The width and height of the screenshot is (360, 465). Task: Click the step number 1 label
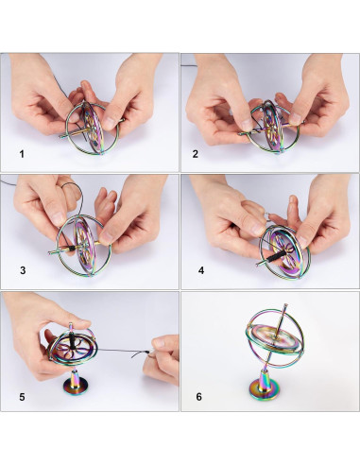(22, 154)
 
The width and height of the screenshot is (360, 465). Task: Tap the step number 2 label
(196, 154)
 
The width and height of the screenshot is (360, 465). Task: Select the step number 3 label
(23, 270)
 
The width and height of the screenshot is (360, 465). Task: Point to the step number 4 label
(201, 270)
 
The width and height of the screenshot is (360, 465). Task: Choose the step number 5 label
(22, 397)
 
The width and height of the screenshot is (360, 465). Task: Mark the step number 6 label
(198, 397)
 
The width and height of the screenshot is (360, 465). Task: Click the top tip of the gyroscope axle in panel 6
(285, 305)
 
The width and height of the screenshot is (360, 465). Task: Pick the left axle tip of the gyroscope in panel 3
(50, 252)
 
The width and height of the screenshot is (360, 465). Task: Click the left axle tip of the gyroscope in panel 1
(60, 137)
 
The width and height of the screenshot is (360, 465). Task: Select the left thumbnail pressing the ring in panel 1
(75, 117)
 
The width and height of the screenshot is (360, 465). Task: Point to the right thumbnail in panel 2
(295, 118)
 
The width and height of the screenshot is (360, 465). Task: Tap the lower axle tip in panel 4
(258, 265)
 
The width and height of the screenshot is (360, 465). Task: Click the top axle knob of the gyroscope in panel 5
(71, 325)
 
